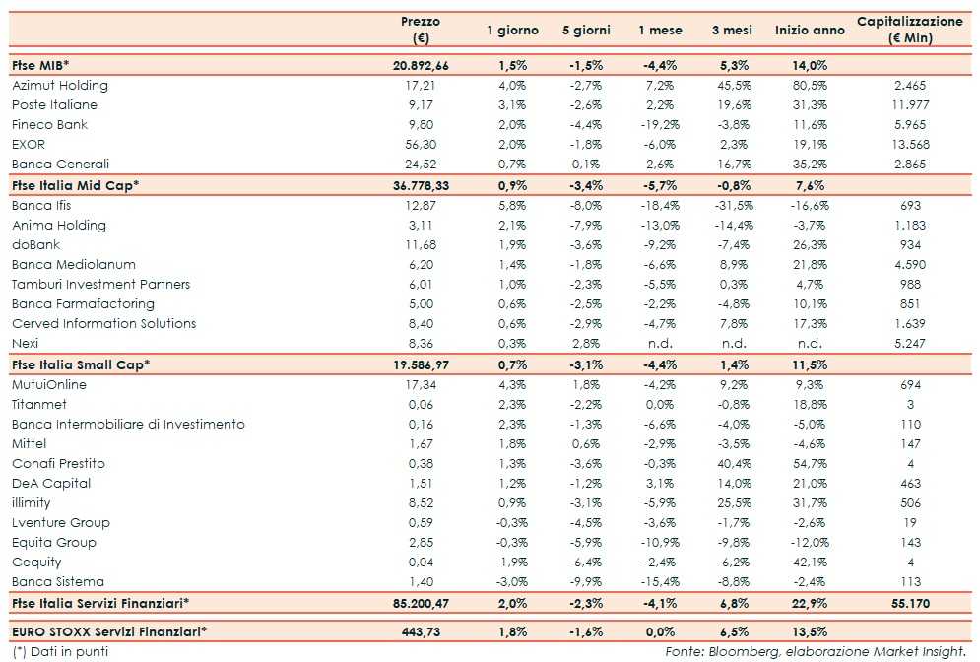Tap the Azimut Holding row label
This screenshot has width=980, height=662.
[60, 86]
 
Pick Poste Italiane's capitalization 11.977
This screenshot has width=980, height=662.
[910, 105]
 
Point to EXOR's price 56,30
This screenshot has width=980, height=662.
[421, 145]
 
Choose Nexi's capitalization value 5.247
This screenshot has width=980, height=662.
[910, 344]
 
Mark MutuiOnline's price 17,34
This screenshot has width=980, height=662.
[421, 384]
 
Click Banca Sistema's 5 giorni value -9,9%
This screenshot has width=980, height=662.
[589, 581]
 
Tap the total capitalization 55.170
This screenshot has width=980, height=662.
[910, 602]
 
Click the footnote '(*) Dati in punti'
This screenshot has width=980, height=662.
[61, 651]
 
